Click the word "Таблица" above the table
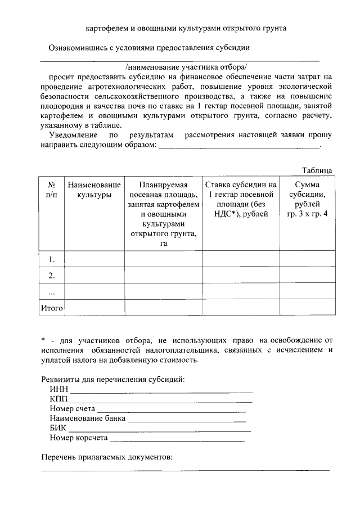coord(317,170)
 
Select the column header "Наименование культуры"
coord(94,190)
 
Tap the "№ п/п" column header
coord(51,190)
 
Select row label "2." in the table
coord(51,275)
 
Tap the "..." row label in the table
coord(51,291)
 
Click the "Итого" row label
coord(51,308)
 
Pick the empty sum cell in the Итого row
coord(307,308)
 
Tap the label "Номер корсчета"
coord(78,438)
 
